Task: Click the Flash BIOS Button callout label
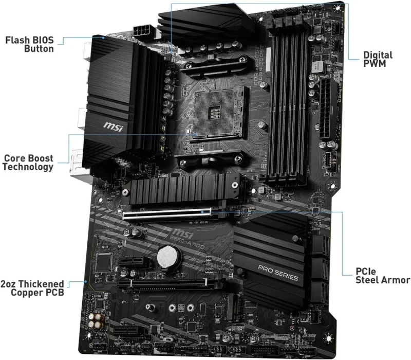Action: pyautogui.click(x=29, y=44)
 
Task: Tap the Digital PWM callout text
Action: pyautogui.click(x=378, y=59)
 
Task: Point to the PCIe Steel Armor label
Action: pyautogui.click(x=383, y=275)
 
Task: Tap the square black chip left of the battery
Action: pyautogui.click(x=106, y=263)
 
